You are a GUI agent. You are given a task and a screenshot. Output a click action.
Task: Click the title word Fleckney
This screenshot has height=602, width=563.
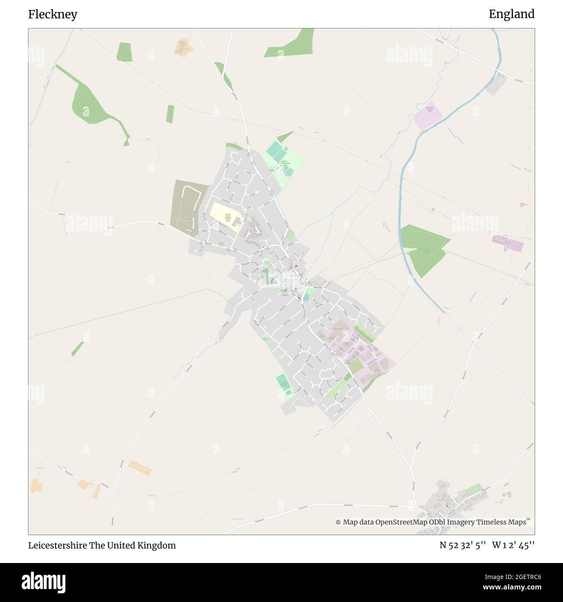point(53,14)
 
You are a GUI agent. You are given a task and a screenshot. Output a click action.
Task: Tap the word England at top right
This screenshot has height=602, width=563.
point(511,14)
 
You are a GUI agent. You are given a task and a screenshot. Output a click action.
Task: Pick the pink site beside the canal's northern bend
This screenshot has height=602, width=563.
point(428,115)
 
